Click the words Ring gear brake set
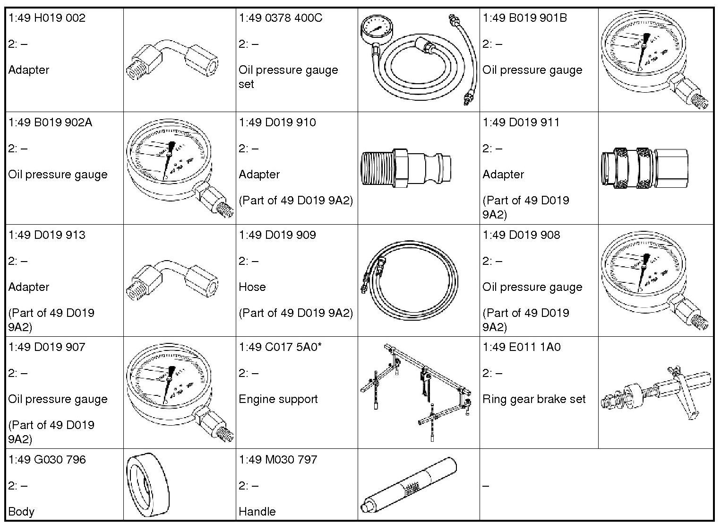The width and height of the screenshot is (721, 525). click(534, 399)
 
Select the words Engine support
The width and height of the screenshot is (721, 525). click(278, 399)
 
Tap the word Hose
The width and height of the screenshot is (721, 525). click(252, 287)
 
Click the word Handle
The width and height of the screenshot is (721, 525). click(257, 512)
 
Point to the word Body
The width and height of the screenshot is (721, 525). click(21, 512)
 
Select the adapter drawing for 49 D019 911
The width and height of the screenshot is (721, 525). click(645, 168)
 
